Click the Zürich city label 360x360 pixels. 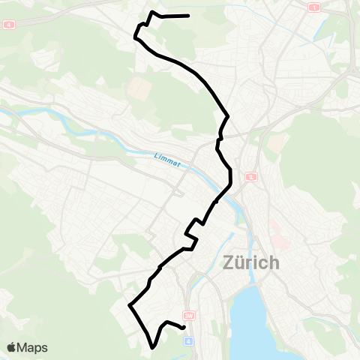click(x=250, y=263)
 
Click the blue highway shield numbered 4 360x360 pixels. click(x=188, y=340)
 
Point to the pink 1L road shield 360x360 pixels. click(x=251, y=178)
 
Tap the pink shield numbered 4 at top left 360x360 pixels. click(x=9, y=24)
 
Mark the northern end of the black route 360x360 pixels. click(x=187, y=15)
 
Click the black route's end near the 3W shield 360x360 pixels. click(x=184, y=327)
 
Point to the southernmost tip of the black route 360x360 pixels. click(x=153, y=347)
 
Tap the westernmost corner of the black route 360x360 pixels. click(x=129, y=305)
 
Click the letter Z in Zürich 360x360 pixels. click(x=229, y=263)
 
